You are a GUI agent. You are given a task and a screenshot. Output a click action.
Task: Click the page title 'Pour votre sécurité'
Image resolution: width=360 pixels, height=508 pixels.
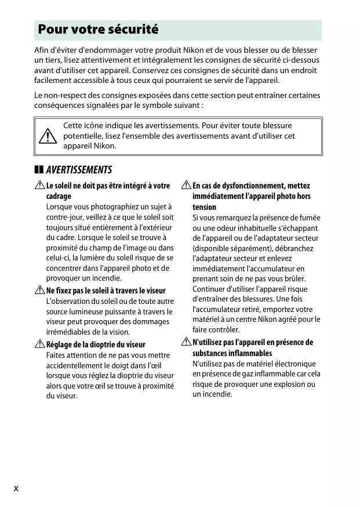point(98,30)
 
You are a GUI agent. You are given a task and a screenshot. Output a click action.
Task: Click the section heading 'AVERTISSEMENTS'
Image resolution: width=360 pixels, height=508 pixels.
point(79,170)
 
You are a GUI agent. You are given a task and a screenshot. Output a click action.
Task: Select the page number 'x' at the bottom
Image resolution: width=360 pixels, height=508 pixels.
point(16,488)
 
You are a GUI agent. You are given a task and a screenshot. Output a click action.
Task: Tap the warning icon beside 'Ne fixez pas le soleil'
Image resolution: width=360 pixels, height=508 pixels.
point(39,291)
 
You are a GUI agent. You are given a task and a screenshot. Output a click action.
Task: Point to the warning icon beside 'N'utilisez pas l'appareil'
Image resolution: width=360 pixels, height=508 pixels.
point(186,342)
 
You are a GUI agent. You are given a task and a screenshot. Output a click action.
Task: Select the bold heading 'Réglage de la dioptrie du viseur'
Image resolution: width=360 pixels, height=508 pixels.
point(96,344)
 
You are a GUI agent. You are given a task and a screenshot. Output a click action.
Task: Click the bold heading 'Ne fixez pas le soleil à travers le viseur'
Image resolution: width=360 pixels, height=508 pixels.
point(106,291)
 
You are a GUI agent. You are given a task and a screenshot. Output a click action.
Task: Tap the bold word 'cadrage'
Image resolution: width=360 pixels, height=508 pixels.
point(59,197)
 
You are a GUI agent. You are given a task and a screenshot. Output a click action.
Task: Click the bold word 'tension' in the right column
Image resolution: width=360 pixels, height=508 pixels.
point(204,207)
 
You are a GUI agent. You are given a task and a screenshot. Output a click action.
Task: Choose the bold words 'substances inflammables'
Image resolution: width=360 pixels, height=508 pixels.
point(232,353)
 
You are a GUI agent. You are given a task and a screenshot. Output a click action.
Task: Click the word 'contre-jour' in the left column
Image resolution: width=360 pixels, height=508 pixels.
point(65,217)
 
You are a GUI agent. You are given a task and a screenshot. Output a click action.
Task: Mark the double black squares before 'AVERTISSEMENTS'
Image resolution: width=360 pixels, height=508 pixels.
point(39,170)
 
